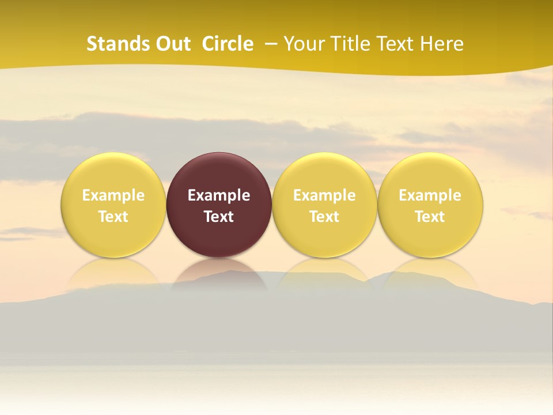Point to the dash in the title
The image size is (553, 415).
click(x=271, y=44)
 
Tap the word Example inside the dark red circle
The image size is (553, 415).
click(x=219, y=195)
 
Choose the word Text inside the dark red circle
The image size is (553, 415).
click(x=219, y=217)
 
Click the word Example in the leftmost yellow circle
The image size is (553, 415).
click(x=113, y=195)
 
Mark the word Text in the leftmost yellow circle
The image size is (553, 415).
click(x=113, y=217)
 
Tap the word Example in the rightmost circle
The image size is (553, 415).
click(x=430, y=195)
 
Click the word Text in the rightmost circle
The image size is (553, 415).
click(x=430, y=217)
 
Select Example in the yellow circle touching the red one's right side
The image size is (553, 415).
click(x=324, y=195)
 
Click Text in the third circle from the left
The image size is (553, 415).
click(x=324, y=217)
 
